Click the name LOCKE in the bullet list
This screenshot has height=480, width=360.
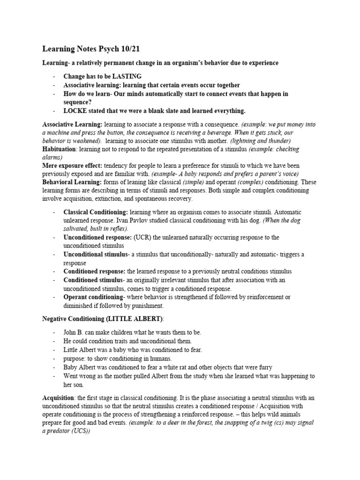pos(75,111)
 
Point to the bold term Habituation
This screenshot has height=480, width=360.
pos(59,149)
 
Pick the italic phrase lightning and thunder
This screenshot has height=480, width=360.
pos(264,141)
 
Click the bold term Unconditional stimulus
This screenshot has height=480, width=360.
pos(96,255)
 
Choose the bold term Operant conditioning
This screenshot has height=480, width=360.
pos(93,297)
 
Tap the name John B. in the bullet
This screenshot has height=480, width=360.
pos(75,332)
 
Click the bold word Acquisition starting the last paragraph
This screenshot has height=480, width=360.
pos(59,397)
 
